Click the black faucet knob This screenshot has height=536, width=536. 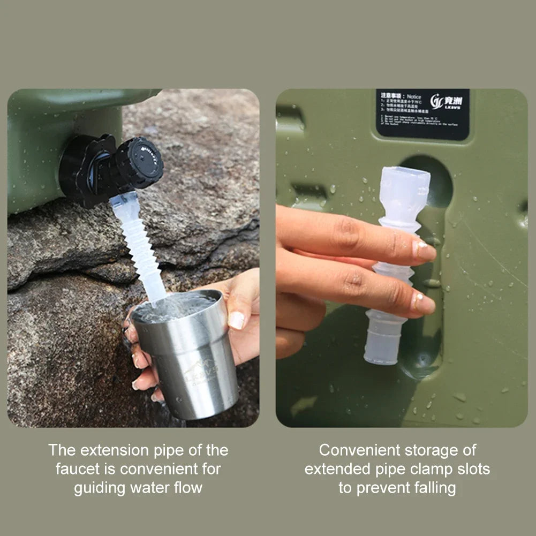click(x=140, y=162)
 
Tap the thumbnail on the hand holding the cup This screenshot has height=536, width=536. click(x=236, y=320)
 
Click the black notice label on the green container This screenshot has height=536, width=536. click(x=422, y=114)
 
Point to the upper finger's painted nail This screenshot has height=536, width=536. click(x=424, y=250)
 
